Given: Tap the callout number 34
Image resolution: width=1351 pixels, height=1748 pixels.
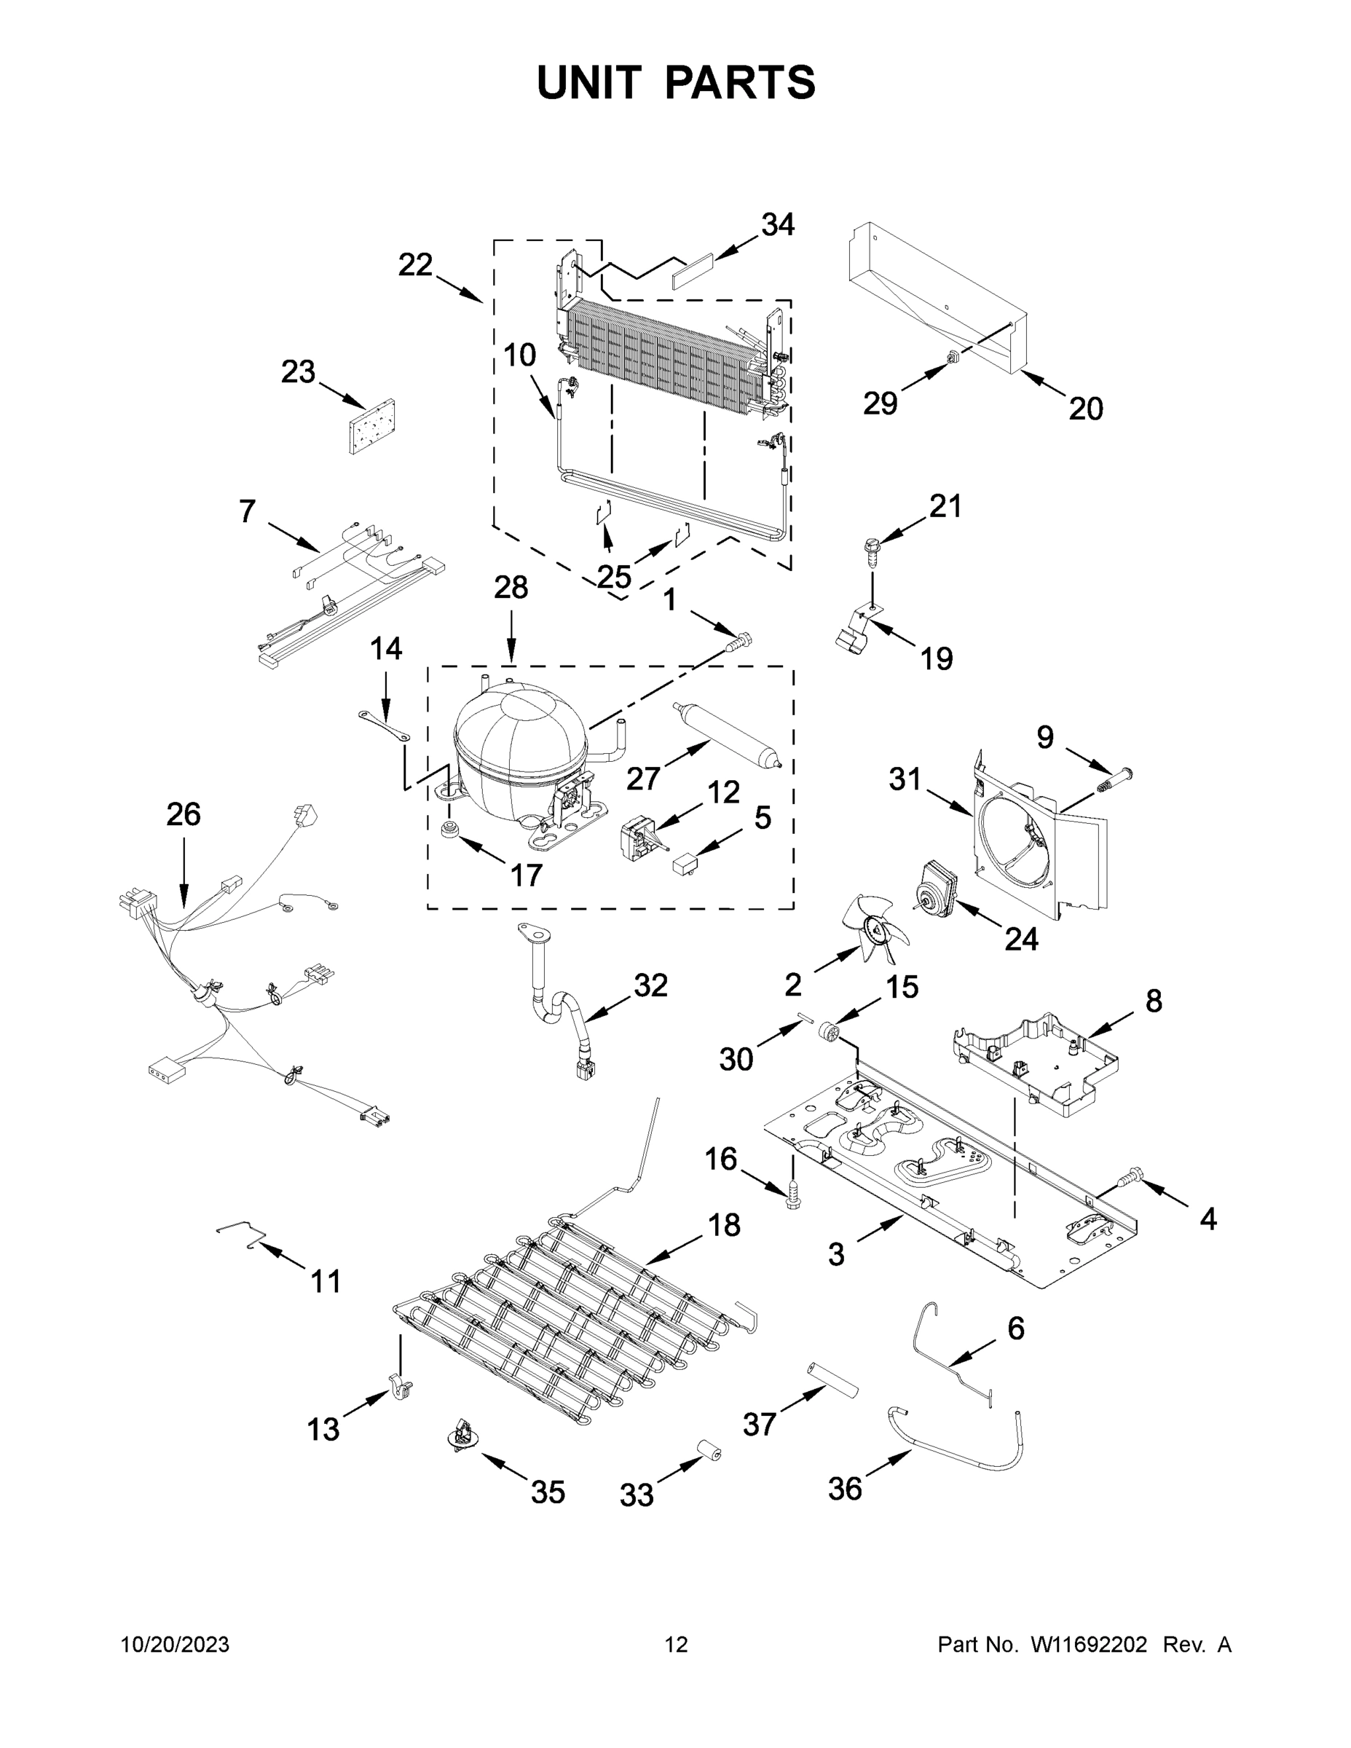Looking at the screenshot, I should (777, 225).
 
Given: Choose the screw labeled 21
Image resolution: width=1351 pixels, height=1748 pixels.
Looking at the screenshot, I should (871, 551).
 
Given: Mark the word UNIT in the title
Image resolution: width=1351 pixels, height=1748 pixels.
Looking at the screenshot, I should (589, 82).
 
